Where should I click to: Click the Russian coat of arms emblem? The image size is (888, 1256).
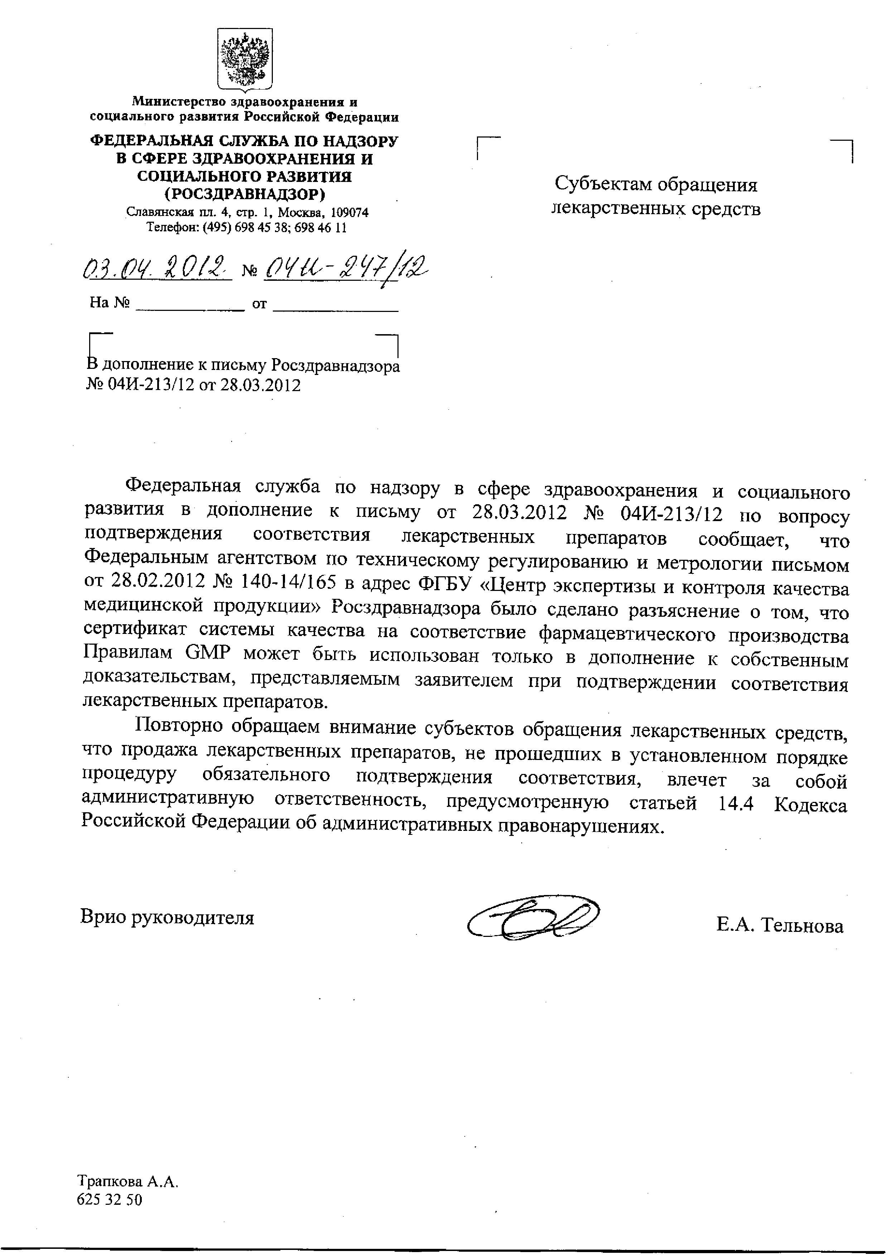(x=245, y=59)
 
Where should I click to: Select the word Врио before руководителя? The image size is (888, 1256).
(x=101, y=916)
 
